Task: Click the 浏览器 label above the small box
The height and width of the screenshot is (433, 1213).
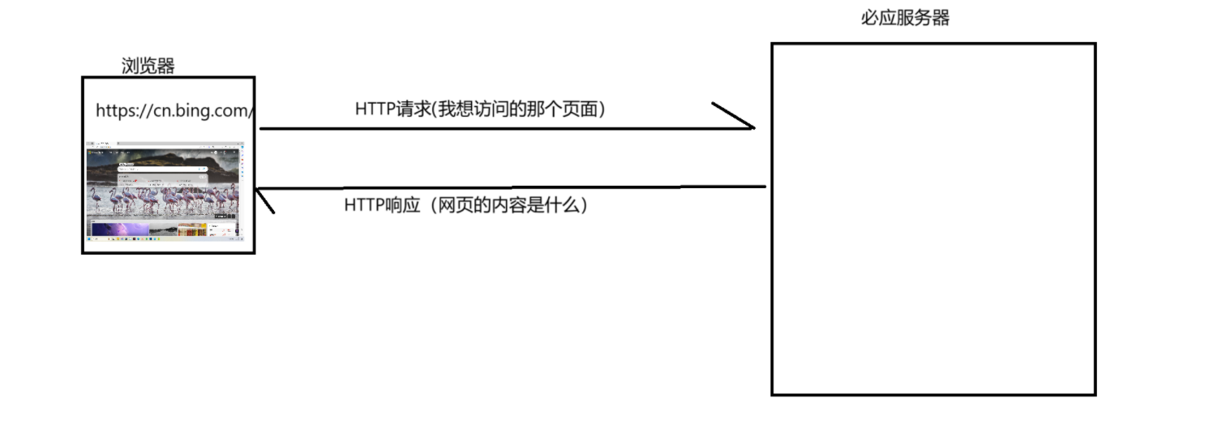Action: (x=148, y=66)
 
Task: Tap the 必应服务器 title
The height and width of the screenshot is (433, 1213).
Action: (x=905, y=18)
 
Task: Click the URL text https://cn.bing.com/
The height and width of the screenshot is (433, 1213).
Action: (x=174, y=111)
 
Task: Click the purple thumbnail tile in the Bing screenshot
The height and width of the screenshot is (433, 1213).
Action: (x=120, y=229)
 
